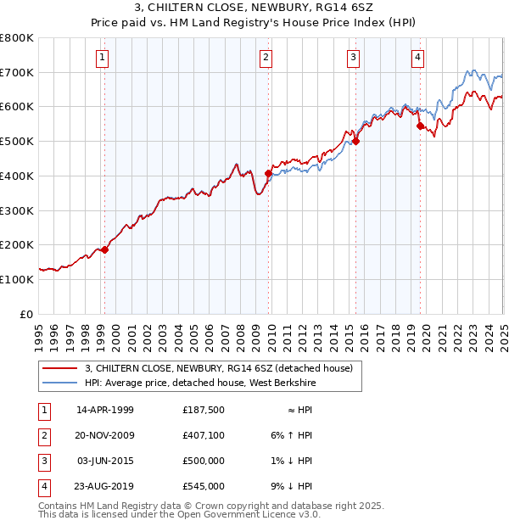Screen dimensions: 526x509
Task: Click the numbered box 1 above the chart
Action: tap(102, 58)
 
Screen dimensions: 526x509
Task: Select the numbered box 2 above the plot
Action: tap(266, 58)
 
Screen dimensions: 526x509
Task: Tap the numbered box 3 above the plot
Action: tap(352, 58)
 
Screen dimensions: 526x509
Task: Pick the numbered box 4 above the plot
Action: tap(417, 58)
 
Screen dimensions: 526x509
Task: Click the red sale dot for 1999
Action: tap(105, 249)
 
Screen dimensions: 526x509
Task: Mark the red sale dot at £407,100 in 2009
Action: tap(269, 174)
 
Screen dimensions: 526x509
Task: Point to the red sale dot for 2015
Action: tap(355, 142)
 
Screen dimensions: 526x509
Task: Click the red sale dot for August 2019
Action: tap(421, 126)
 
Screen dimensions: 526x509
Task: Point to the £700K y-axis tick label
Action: tap(17, 72)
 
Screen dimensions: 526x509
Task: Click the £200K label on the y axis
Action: tap(17, 244)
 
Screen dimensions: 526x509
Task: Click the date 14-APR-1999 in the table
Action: tap(105, 410)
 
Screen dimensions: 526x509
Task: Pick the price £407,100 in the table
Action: tap(203, 435)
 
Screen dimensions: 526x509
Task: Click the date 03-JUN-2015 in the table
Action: tap(105, 461)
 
